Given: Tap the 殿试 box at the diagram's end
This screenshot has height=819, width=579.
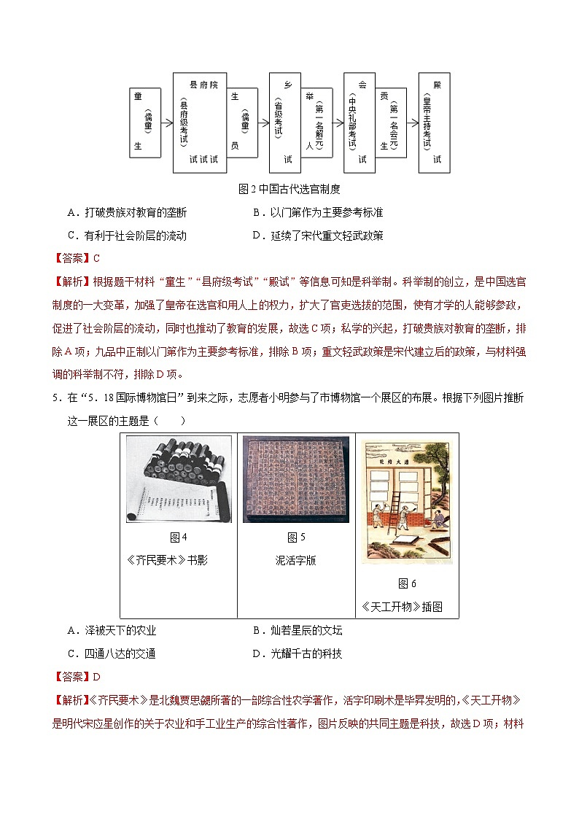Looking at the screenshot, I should [x=439, y=122].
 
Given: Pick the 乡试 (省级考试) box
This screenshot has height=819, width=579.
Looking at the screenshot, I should [x=286, y=122].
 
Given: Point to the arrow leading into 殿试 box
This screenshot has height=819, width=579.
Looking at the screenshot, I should [x=409, y=120].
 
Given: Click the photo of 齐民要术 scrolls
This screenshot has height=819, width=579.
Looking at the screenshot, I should [x=179, y=479].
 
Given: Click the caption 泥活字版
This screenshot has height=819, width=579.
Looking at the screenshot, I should [x=296, y=560].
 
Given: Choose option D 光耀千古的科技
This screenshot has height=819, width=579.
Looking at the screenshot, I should [x=297, y=653].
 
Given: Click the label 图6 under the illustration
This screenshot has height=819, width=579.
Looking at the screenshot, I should [x=407, y=583].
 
